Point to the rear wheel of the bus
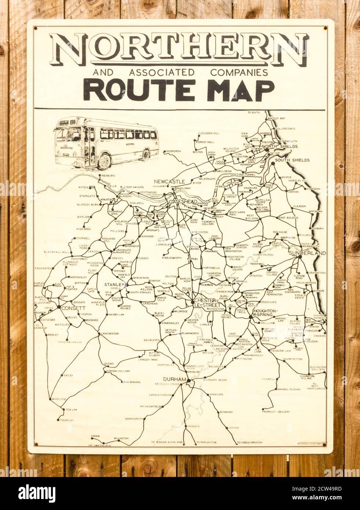tap(146, 155)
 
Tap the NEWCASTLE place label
tap(169, 182)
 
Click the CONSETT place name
tap(73, 308)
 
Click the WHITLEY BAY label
tap(276, 118)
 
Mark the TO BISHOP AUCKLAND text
tap(167, 442)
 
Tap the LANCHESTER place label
tap(110, 334)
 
